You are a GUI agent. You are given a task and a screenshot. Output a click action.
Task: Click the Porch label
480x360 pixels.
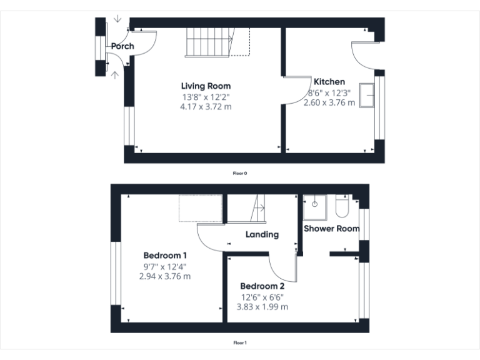click(123, 46)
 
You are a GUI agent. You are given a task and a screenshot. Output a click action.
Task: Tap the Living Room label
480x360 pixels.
click(206, 86)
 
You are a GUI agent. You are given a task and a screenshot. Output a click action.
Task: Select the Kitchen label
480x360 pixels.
click(329, 82)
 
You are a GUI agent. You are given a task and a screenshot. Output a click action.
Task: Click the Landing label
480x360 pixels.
click(262, 234)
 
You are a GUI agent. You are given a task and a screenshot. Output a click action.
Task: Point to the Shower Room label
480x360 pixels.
click(331, 229)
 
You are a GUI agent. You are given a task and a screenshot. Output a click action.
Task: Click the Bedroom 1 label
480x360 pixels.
click(165, 255)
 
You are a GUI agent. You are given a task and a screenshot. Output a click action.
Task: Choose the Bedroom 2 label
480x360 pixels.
click(262, 286)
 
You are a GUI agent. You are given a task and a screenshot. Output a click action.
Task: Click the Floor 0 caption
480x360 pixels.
click(240, 173)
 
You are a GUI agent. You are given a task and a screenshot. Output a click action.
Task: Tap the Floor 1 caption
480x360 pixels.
click(240, 342)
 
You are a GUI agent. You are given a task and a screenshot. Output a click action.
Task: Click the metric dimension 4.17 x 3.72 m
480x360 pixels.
click(206, 106)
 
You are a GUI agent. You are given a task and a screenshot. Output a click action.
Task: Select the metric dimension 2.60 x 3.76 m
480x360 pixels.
click(329, 102)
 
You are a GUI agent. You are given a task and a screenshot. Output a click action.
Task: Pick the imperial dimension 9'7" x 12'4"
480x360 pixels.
click(165, 266)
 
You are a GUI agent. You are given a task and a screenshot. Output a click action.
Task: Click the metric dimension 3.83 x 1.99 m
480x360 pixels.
click(262, 307)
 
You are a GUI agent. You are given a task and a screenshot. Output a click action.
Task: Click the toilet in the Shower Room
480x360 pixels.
click(342, 206)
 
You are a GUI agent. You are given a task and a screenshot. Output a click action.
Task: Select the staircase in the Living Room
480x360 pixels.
click(209, 42)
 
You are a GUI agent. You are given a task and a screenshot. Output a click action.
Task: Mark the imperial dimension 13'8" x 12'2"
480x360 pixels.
click(206, 96)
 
